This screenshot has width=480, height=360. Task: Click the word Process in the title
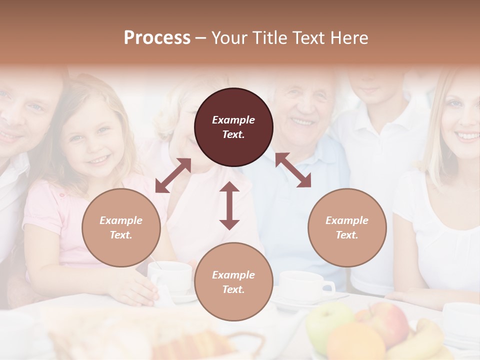(x=157, y=38)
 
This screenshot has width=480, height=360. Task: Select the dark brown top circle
(x=233, y=127)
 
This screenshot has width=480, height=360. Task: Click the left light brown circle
(x=121, y=227)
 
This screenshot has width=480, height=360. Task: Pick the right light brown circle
(x=347, y=227)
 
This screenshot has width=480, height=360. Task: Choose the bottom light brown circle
(x=233, y=282)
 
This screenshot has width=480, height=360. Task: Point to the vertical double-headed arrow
(x=229, y=205)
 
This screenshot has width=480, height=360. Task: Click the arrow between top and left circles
(x=173, y=175)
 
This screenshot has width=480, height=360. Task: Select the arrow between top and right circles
(x=293, y=170)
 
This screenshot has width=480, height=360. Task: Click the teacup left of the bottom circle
(x=170, y=276)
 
